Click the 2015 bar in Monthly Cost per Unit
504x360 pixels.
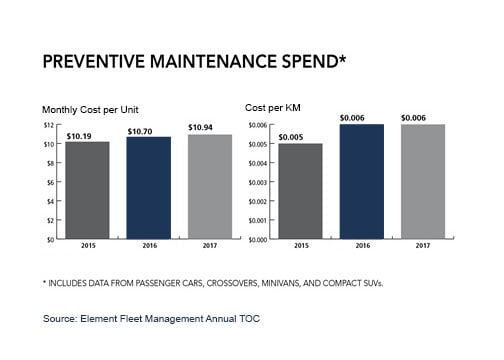(86, 190)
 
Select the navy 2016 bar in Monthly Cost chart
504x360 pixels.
(148, 188)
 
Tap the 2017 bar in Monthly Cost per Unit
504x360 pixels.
(209, 187)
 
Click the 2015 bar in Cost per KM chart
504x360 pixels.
(300, 191)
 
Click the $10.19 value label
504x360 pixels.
(87, 134)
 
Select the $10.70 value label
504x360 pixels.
(148, 130)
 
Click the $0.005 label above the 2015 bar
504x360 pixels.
(300, 136)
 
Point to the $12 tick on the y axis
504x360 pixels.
(47, 125)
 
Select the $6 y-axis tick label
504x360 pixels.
(49, 183)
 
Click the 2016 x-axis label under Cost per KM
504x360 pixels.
(361, 246)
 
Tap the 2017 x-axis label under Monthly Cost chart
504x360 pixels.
(209, 246)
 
